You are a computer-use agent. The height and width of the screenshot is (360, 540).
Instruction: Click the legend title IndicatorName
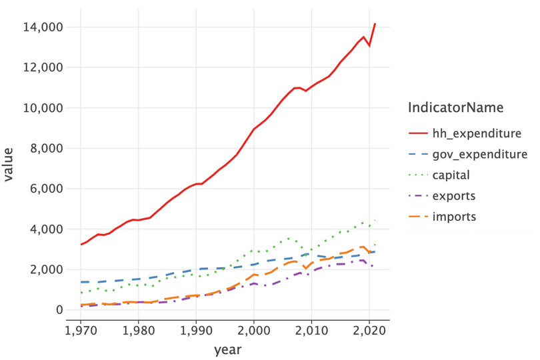(455, 107)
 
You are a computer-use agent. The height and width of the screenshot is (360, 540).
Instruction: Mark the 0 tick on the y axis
(59, 310)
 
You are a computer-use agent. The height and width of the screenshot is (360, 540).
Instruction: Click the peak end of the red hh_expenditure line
(375, 23)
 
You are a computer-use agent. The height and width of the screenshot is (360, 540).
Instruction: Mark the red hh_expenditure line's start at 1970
(81, 245)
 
